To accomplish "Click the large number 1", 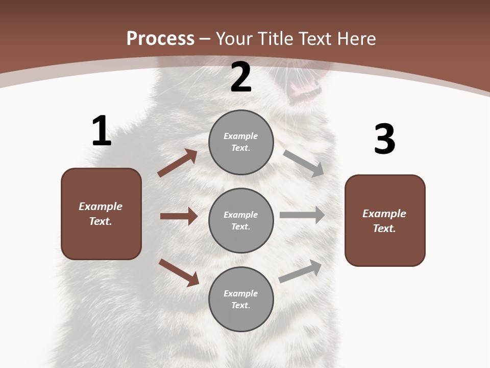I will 102,131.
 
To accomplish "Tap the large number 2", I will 241,78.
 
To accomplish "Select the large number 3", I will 384,140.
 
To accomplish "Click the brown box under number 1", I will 101,214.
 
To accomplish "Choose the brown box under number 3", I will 385,220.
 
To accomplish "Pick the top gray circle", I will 241,142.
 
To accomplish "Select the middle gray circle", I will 241,220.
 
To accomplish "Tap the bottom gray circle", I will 241,299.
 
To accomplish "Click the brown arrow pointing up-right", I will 178,163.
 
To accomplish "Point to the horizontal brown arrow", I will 179,216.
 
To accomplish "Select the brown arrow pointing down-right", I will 179,272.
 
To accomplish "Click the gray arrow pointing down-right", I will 304,163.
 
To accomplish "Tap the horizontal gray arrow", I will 302,215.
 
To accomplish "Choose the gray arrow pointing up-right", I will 301,271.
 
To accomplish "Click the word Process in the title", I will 160,38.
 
